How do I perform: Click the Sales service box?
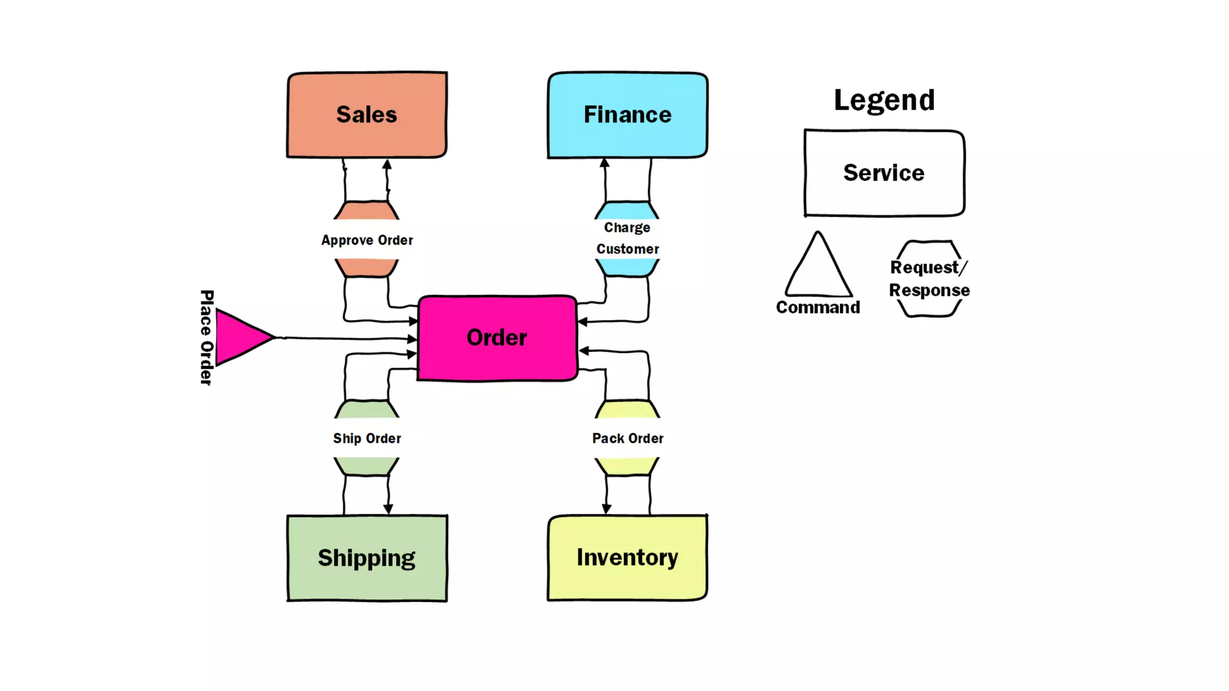tap(367, 115)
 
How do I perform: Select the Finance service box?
tap(627, 115)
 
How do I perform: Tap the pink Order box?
tap(497, 338)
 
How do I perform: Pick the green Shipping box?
tap(367, 558)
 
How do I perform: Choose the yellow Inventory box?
tap(627, 557)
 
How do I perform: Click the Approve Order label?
tap(367, 240)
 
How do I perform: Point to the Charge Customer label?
tap(627, 238)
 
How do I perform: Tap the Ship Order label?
tap(367, 438)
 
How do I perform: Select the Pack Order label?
tap(628, 438)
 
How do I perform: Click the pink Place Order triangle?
tap(240, 337)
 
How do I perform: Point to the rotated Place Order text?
tap(206, 337)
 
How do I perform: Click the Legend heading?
tap(884, 100)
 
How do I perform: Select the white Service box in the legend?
tap(884, 173)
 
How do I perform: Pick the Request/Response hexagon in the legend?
tap(929, 278)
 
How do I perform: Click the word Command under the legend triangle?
tap(818, 307)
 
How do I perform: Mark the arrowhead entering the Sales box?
tap(387, 164)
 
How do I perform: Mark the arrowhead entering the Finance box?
tap(605, 163)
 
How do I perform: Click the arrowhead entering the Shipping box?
tap(388, 509)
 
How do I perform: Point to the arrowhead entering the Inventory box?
tap(607, 509)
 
